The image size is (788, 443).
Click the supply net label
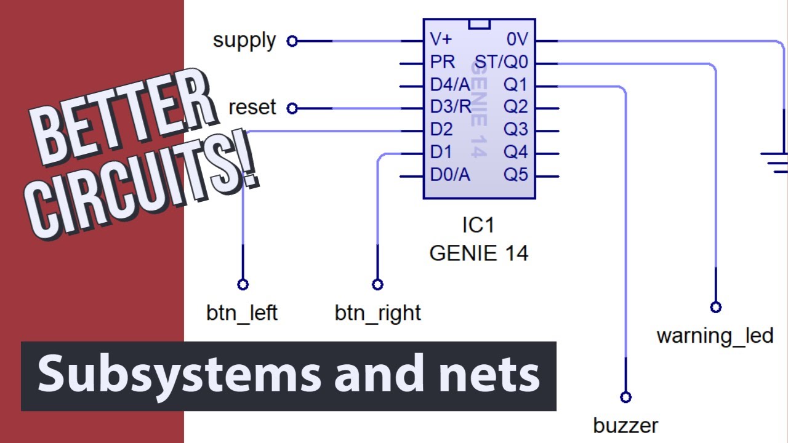[x=244, y=41]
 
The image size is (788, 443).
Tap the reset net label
[x=252, y=108]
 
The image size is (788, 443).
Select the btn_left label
[x=242, y=313]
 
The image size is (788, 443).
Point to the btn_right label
[x=377, y=313]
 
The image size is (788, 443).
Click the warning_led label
[x=715, y=336]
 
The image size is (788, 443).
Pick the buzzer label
[x=625, y=425]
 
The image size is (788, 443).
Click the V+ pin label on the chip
[x=441, y=39]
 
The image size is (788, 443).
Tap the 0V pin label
[x=517, y=39]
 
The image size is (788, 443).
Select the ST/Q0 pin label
[x=501, y=62]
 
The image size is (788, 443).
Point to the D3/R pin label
[x=450, y=107]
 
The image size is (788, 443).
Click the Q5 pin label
[x=516, y=175]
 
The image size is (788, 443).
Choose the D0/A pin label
[x=450, y=175]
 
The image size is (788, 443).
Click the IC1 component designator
[x=478, y=225]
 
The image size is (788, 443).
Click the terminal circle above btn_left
[x=243, y=284]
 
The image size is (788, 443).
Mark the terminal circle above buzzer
[x=625, y=397]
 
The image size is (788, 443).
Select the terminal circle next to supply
[x=292, y=41]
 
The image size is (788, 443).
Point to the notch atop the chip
[x=479, y=24]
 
